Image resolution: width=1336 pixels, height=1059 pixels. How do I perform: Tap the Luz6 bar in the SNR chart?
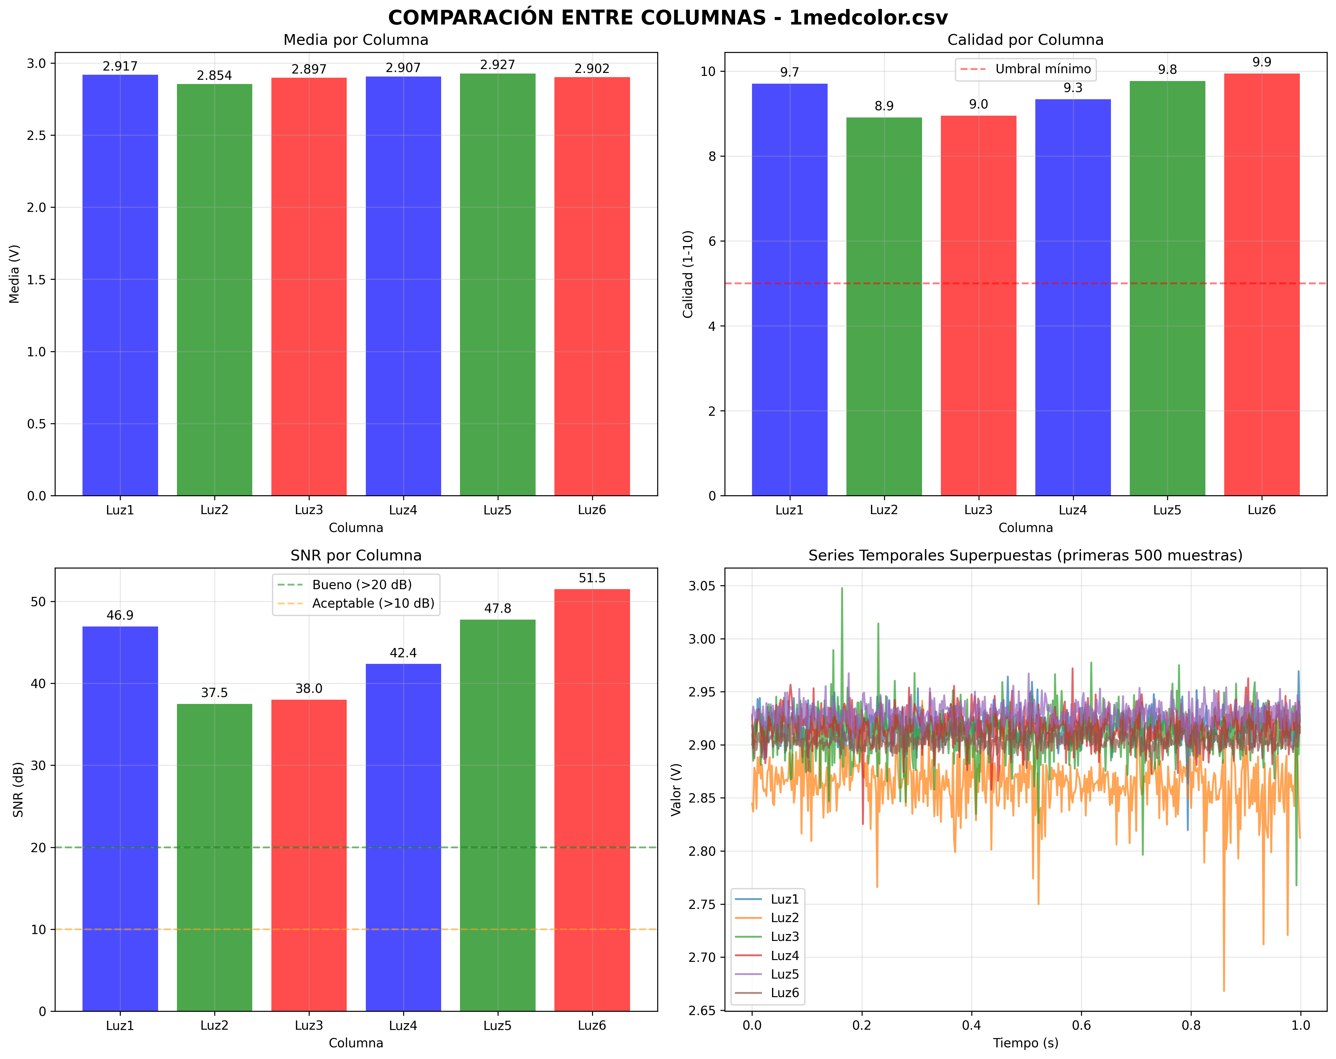(x=592, y=799)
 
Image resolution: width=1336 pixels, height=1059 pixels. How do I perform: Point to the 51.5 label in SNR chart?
(x=592, y=578)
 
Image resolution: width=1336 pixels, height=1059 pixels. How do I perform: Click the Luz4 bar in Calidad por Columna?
(x=1073, y=297)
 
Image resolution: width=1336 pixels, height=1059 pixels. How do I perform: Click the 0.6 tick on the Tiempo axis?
(x=1081, y=1026)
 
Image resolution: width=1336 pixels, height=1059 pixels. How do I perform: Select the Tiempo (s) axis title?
(x=1025, y=1043)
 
